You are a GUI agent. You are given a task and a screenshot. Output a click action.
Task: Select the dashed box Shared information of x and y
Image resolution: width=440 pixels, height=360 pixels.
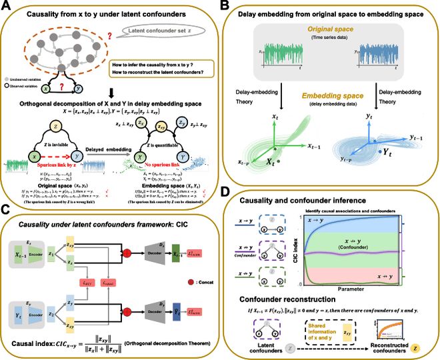tap(328, 327)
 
